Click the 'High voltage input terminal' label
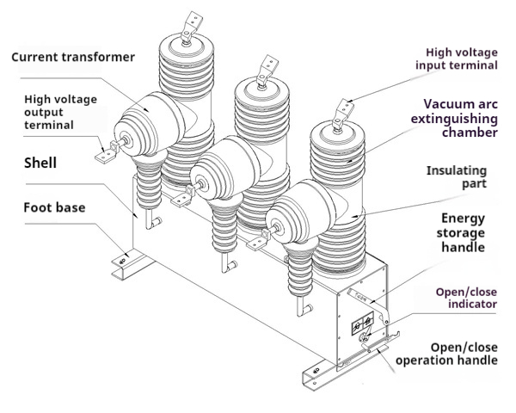tap(457, 58)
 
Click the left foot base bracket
tap(123, 262)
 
